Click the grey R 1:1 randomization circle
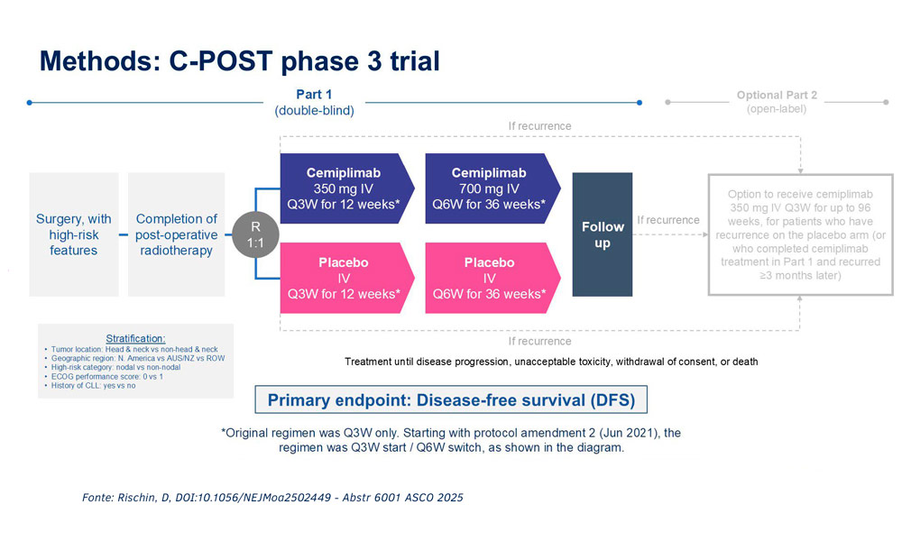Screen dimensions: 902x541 [255, 234]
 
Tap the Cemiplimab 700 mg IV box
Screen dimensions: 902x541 [492, 188]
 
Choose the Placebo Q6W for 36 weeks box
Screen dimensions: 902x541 [492, 279]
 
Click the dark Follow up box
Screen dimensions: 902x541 [603, 234]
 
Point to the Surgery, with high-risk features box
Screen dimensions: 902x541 [74, 234]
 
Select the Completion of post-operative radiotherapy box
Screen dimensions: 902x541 [176, 234]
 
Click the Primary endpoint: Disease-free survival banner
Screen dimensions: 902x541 [451, 399]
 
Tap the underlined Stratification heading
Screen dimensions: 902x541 [135, 339]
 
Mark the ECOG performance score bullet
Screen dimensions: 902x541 [104, 377]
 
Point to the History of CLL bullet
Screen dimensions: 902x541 [90, 386]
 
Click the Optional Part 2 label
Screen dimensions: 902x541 [777, 95]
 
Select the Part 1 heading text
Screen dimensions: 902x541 [314, 95]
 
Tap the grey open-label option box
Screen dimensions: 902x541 [800, 234]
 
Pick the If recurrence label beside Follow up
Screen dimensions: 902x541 [667, 220]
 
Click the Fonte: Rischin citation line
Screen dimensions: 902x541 [272, 498]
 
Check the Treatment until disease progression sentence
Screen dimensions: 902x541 [551, 362]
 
